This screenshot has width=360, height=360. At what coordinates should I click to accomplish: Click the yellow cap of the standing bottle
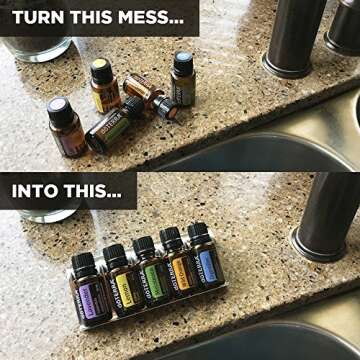coord(100,71)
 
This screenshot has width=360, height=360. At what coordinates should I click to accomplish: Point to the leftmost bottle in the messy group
coord(65,127)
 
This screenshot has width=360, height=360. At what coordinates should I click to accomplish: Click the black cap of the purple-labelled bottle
coord(82,263)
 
